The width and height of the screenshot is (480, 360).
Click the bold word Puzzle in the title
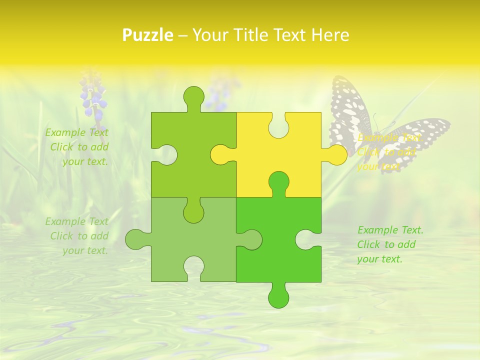click(x=147, y=35)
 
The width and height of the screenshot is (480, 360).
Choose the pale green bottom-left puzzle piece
click(x=200, y=240)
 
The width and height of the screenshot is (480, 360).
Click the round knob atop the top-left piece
click(x=194, y=96)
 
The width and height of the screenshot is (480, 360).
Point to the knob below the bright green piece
click(x=278, y=298)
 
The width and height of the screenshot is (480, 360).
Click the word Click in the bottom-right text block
click(x=369, y=244)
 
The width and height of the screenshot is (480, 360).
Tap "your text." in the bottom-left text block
click(x=85, y=250)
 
